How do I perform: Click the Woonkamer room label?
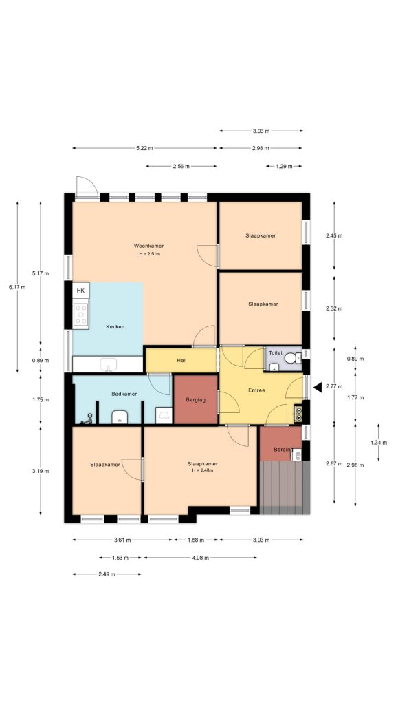click(148, 246)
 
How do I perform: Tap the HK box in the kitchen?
click(81, 291)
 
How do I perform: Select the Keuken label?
click(115, 326)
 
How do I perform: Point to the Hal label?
click(181, 359)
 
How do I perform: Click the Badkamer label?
click(124, 394)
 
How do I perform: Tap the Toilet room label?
click(276, 352)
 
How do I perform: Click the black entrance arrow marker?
click(317, 388)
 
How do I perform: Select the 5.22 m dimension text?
click(144, 148)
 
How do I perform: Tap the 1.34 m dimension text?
click(377, 442)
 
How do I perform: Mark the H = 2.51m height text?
click(148, 254)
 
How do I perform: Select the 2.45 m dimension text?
click(333, 236)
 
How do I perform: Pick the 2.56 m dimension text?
click(181, 166)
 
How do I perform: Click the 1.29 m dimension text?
click(284, 166)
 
